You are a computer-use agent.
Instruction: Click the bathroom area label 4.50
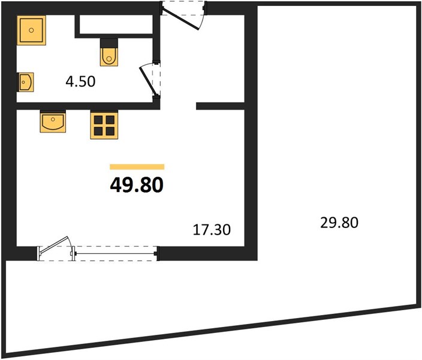(80, 82)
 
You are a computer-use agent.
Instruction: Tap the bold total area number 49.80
(137, 185)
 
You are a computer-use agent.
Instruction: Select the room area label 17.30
(212, 230)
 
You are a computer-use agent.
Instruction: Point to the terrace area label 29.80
(339, 223)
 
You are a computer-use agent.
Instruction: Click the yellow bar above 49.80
(137, 167)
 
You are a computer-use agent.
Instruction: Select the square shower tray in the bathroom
(32, 30)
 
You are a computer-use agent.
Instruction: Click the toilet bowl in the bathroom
(109, 56)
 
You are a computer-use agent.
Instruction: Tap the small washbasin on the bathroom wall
(26, 82)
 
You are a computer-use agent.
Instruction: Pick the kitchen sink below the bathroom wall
(53, 122)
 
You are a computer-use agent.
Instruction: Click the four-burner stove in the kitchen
(104, 125)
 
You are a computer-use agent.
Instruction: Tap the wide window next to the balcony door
(115, 254)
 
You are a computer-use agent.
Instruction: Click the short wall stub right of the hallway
(220, 106)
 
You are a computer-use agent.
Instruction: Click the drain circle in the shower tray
(32, 30)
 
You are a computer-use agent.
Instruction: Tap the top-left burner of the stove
(98, 119)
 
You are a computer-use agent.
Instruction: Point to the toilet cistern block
(109, 43)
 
